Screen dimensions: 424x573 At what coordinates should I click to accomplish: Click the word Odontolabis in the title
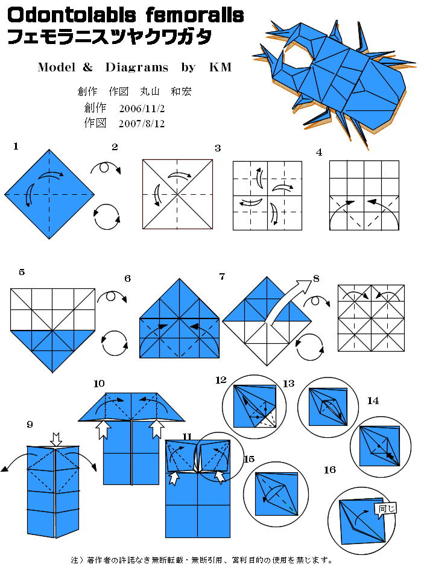click(x=72, y=15)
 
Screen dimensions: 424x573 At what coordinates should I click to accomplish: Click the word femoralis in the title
click(x=195, y=15)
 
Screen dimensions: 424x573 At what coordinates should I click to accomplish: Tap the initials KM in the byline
click(x=220, y=67)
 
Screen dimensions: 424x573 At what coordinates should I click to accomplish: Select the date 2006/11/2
click(x=142, y=109)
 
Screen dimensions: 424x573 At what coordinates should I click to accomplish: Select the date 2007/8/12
click(x=142, y=124)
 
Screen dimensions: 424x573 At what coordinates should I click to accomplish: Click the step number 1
click(x=16, y=147)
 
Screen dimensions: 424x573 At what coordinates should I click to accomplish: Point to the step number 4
click(x=319, y=153)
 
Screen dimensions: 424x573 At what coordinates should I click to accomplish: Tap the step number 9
click(x=30, y=424)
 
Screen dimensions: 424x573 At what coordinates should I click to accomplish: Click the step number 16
click(x=330, y=470)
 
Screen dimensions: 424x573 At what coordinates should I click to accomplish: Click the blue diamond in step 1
click(x=49, y=194)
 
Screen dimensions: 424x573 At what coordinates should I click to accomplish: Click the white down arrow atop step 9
click(x=56, y=439)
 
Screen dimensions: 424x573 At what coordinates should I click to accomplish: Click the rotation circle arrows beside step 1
click(x=107, y=217)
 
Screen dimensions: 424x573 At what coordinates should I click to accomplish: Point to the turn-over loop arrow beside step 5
click(x=112, y=296)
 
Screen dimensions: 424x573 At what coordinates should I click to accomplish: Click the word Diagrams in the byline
click(x=137, y=67)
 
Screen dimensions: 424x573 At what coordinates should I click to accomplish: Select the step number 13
click(x=288, y=384)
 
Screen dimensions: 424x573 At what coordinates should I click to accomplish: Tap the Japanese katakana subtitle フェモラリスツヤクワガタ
click(x=110, y=37)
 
